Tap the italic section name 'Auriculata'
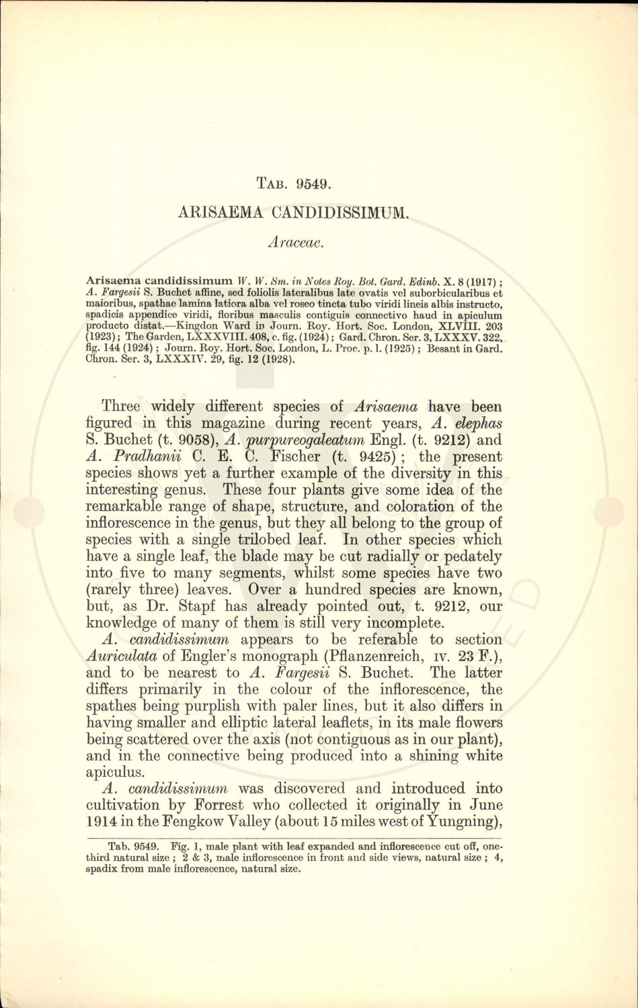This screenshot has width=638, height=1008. (128, 657)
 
